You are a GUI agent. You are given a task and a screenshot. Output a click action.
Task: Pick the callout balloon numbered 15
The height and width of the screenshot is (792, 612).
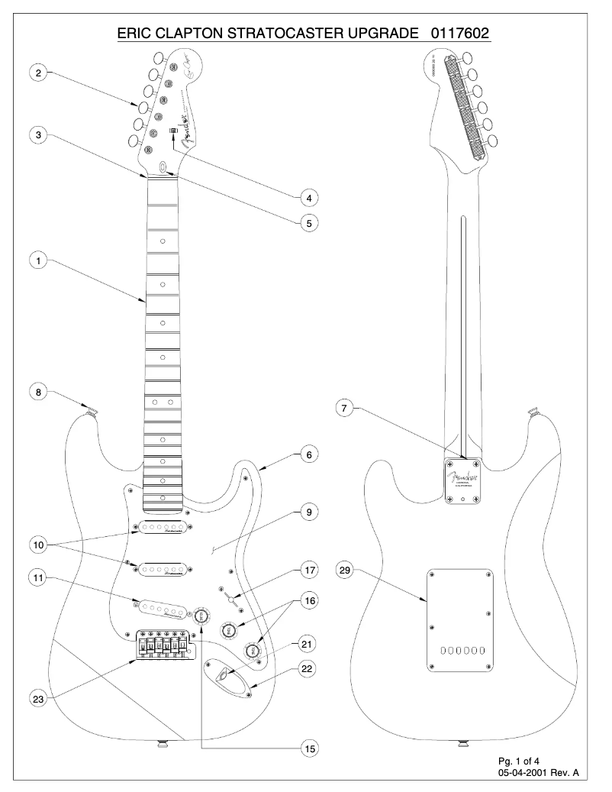pos(308,749)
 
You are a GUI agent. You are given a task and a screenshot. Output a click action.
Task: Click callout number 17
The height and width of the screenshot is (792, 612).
pos(308,570)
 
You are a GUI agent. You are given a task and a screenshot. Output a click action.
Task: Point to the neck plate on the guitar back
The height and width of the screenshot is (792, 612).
pos(463,481)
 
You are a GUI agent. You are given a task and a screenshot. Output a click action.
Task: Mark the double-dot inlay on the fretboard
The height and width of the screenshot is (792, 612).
pos(163,401)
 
